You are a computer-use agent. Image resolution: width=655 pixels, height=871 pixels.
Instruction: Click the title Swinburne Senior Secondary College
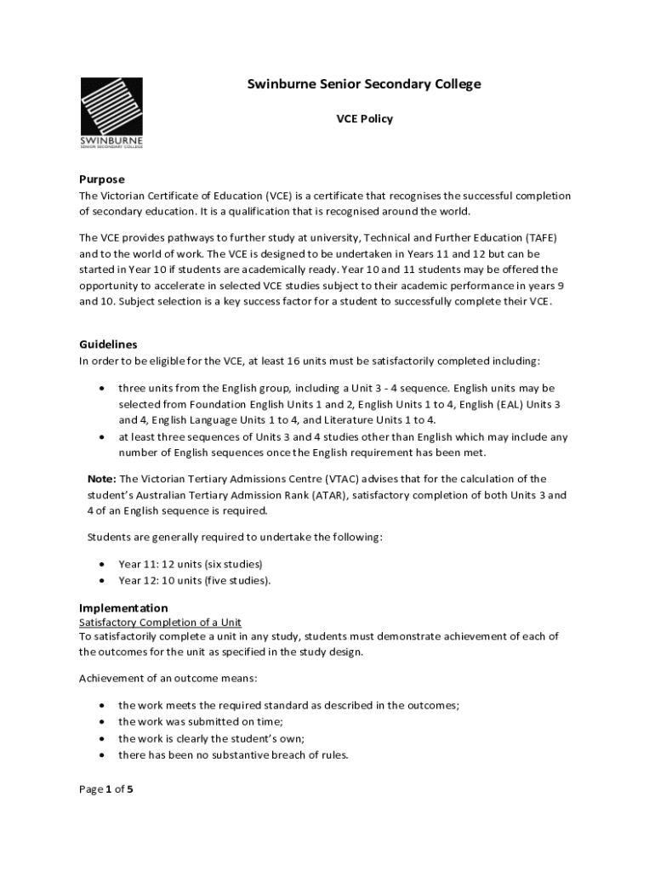click(x=363, y=84)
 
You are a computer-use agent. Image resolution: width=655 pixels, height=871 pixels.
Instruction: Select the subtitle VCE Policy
click(x=363, y=119)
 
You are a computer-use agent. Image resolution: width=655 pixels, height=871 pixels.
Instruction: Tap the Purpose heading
click(x=101, y=179)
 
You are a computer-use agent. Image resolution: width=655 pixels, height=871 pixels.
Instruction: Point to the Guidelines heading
click(x=108, y=344)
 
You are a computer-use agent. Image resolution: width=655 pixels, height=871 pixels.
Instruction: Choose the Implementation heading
click(x=123, y=608)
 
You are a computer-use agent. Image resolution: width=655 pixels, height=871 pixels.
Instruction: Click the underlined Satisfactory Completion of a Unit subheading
click(x=160, y=623)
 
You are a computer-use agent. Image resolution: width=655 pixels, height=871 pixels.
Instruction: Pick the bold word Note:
click(x=102, y=479)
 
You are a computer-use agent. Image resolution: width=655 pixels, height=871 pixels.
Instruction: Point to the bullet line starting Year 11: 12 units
click(x=190, y=564)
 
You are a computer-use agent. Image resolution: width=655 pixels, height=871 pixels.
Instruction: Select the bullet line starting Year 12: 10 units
click(x=194, y=580)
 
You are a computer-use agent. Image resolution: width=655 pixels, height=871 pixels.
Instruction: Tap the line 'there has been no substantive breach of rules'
click(x=233, y=754)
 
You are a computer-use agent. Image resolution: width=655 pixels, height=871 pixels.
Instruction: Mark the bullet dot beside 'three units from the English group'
click(x=102, y=388)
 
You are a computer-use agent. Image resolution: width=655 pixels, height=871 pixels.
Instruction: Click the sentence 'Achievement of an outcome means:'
click(x=168, y=678)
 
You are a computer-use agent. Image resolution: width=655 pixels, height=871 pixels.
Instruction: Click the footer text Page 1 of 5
click(x=106, y=789)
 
